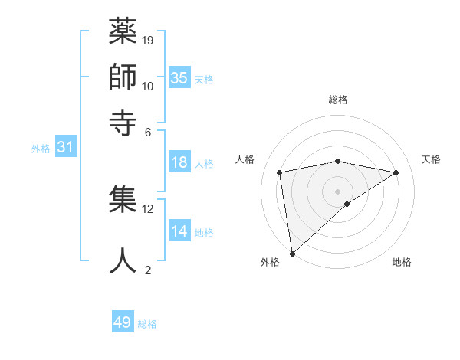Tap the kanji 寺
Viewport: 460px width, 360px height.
click(123, 120)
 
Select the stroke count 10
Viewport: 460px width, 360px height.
click(149, 86)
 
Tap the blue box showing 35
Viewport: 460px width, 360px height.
click(179, 77)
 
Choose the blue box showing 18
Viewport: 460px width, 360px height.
click(179, 162)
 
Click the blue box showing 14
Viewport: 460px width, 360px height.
click(179, 231)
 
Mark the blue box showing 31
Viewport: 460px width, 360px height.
click(65, 147)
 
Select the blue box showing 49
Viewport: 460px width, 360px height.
click(123, 322)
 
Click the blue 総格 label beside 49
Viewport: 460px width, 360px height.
click(147, 324)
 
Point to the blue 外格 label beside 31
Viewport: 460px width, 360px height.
click(40, 149)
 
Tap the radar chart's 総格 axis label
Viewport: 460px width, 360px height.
click(338, 100)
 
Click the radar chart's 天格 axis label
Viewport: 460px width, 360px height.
click(432, 159)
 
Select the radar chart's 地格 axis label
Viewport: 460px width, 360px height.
click(402, 262)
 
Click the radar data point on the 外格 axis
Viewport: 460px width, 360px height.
click(292, 254)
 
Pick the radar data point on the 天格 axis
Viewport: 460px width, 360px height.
click(396, 172)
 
